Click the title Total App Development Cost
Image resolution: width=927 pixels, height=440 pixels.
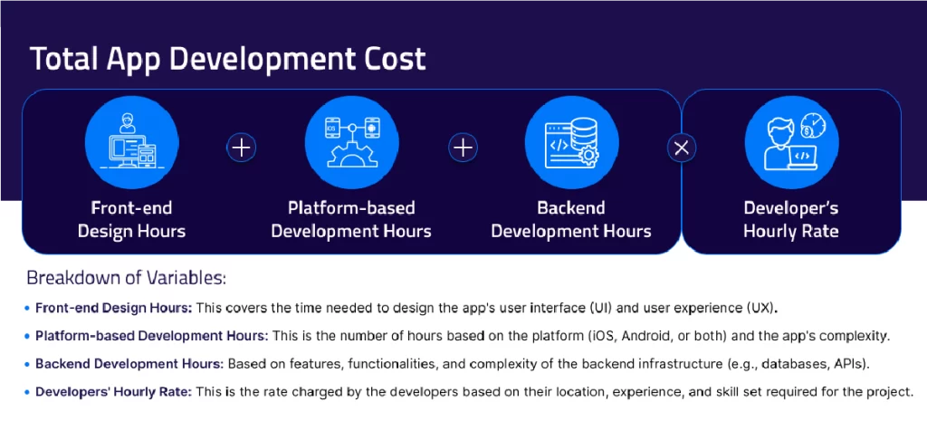[x=228, y=60]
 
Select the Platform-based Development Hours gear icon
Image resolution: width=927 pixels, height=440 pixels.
[x=350, y=144]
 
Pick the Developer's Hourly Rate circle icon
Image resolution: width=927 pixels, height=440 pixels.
[x=790, y=144]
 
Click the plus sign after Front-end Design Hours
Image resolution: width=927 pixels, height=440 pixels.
[x=241, y=147]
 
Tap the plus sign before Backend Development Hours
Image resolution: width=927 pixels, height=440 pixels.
[x=463, y=147]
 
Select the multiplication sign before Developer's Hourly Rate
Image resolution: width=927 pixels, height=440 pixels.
[x=682, y=148]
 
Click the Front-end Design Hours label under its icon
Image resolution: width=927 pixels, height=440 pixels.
[x=131, y=219]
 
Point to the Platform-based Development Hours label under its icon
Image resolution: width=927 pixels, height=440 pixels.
[x=350, y=219]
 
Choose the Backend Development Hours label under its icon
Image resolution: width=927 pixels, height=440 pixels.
[x=570, y=219]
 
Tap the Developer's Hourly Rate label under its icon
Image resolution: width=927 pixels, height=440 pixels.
[x=790, y=219]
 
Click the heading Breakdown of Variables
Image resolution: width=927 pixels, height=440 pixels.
[x=126, y=277]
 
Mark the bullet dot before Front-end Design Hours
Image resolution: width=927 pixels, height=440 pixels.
[x=28, y=308]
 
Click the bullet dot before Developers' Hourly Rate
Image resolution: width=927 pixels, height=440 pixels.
[x=28, y=393]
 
